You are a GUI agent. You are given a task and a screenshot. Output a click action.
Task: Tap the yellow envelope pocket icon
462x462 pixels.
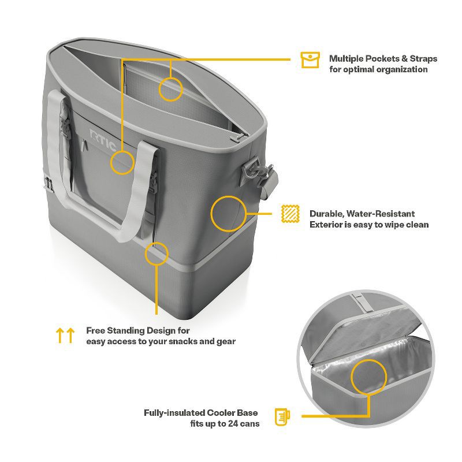click(310, 60)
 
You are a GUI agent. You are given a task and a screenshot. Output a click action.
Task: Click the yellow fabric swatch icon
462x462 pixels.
click(290, 214)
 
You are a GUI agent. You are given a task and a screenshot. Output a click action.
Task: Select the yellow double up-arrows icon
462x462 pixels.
click(65, 336)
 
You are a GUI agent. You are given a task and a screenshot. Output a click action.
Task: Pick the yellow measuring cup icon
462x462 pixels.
click(282, 416)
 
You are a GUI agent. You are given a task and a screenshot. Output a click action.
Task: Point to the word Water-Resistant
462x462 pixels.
click(381, 214)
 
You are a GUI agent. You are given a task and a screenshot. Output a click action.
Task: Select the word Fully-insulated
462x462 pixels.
click(174, 413)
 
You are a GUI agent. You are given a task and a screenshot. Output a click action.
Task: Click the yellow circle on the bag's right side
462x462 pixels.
click(228, 214)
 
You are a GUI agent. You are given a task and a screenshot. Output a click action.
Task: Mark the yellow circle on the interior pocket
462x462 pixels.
click(170, 89)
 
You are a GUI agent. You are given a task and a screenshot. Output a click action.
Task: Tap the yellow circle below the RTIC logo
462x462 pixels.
click(122, 162)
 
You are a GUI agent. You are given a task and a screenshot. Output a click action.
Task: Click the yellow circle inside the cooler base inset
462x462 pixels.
click(368, 377)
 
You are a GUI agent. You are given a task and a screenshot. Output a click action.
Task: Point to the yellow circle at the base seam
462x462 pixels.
click(157, 254)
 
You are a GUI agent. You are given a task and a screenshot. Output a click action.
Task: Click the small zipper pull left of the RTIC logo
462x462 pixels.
click(85, 145)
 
